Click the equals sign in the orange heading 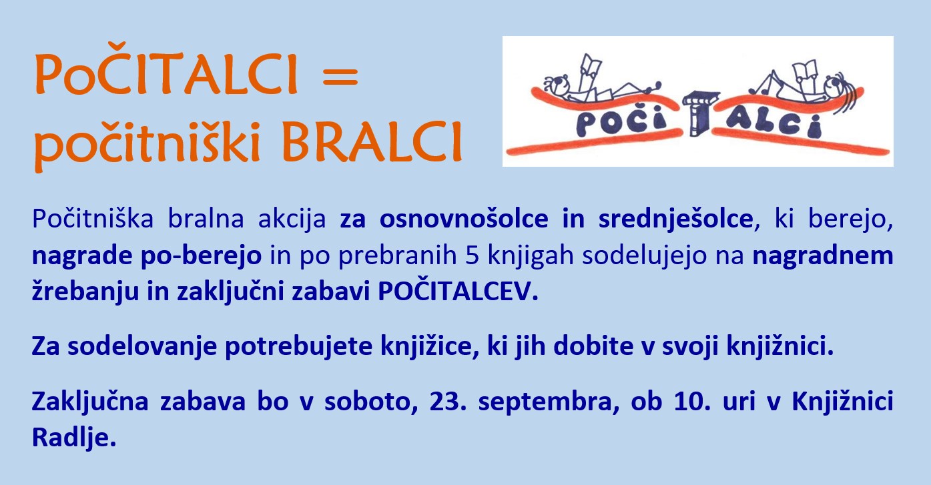pos(340,77)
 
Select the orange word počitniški pos(147,143)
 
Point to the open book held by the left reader pos(590,67)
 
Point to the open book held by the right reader pos(805,71)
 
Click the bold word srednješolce pos(675,219)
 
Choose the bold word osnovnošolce pos(464,219)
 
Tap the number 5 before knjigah pos(472,256)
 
